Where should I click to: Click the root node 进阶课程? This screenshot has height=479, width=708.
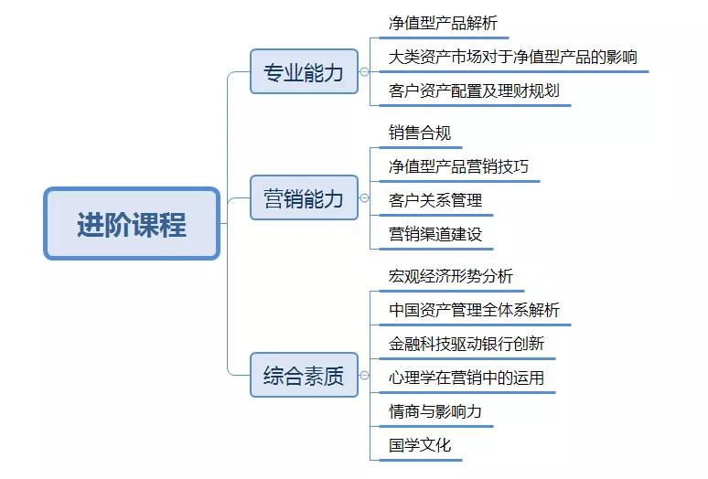coord(132,224)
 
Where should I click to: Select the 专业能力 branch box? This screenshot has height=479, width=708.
coord(304,71)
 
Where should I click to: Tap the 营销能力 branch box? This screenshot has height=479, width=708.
coord(304,197)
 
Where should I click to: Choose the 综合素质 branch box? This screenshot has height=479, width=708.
coord(304,375)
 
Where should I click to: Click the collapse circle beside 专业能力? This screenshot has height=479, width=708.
coord(364,71)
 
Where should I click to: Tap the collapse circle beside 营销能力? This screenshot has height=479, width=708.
coord(364,197)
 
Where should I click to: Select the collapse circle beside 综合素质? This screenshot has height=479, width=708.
coord(364,375)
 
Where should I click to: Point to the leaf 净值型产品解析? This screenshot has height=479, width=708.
coord(443,23)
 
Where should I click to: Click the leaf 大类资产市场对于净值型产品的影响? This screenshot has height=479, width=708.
coord(512,57)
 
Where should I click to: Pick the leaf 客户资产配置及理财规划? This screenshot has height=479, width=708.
coord(474,90)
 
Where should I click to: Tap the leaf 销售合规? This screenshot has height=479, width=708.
coord(420,133)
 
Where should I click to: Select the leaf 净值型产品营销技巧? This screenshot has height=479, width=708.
coord(458,166)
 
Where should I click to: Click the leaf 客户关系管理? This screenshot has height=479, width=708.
coord(435,200)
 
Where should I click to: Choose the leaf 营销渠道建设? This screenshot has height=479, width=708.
coord(435,234)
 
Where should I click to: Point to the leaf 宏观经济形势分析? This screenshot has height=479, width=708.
coord(451,276)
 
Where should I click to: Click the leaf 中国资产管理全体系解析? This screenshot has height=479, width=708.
coord(474,310)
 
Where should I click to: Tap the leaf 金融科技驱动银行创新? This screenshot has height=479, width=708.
coord(466,344)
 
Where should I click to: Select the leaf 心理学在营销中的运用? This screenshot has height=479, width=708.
coord(466,378)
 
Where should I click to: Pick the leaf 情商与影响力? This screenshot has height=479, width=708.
coord(435,411)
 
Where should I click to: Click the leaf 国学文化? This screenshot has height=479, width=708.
coord(420,445)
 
